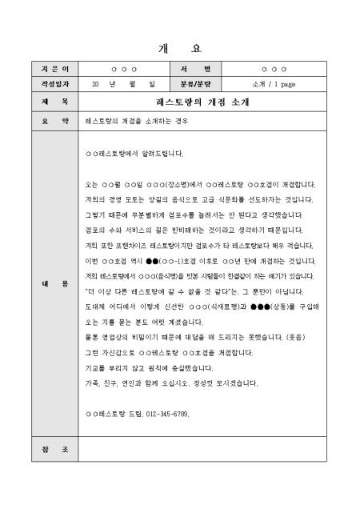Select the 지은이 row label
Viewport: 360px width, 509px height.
pyautogui.click(x=55, y=70)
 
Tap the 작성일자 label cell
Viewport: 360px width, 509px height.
pyautogui.click(x=55, y=82)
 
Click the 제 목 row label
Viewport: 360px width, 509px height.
pyautogui.click(x=55, y=102)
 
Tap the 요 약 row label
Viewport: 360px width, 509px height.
pyautogui.click(x=55, y=120)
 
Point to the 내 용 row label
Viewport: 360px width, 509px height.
pyautogui.click(x=55, y=283)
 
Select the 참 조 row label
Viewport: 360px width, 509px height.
pyautogui.click(x=55, y=449)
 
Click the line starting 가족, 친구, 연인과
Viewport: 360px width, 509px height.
pyautogui.click(x=171, y=384)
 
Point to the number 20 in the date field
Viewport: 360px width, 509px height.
pyautogui.click(x=96, y=82)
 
